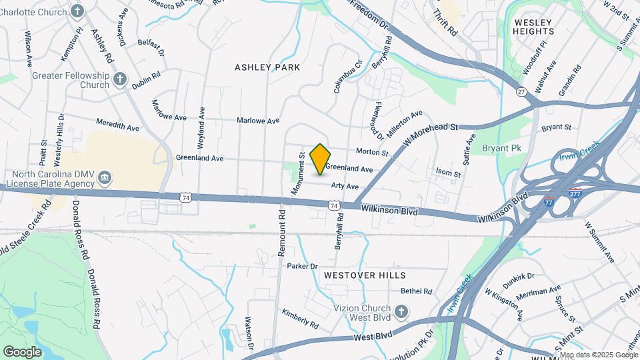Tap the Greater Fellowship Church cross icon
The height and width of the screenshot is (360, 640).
120,80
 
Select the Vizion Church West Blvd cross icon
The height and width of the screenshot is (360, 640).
401,312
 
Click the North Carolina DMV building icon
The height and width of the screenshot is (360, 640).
105,178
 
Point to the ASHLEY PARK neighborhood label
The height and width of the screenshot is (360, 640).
267,67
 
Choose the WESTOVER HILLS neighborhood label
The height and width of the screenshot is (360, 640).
365,275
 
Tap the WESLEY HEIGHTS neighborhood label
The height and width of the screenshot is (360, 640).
534,27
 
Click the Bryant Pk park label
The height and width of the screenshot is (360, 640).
501,148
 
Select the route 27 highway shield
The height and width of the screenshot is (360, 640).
521,91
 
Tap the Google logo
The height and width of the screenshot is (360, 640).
23,351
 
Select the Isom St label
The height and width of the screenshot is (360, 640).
448,173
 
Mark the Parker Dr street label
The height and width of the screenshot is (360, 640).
302,267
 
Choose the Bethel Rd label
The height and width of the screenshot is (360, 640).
416,291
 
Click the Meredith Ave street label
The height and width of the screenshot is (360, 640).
117,125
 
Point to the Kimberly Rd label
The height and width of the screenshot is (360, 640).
299,319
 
